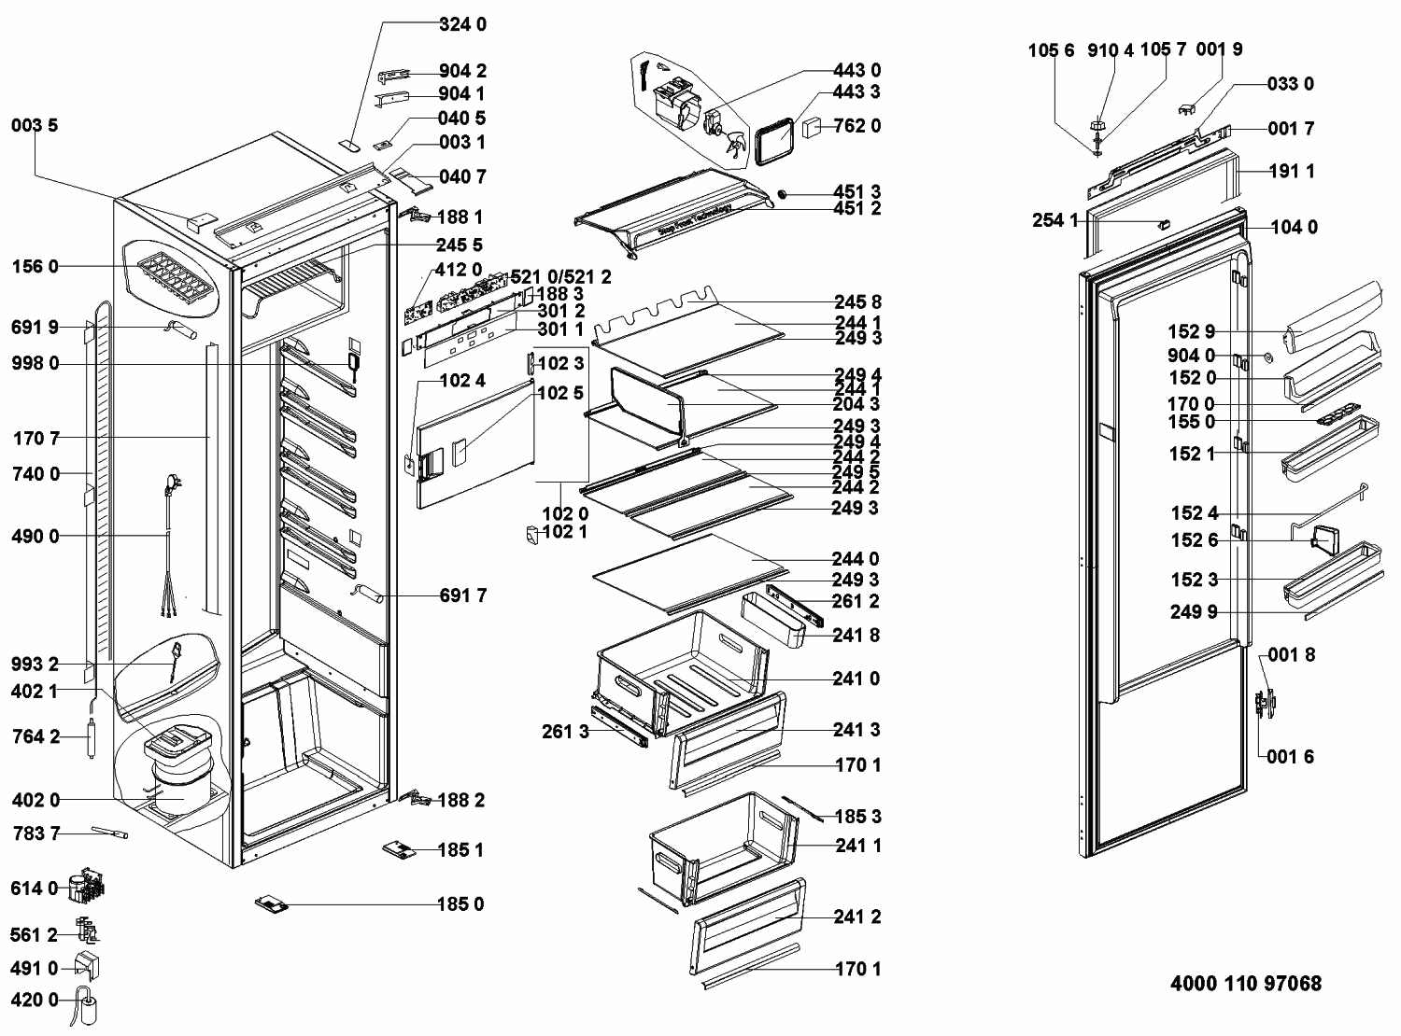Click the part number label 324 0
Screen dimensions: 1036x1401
(x=462, y=25)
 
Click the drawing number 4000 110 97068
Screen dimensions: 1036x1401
(x=1246, y=984)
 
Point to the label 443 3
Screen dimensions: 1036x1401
(x=856, y=92)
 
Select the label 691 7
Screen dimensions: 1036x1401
(x=462, y=595)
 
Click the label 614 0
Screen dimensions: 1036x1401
(x=35, y=889)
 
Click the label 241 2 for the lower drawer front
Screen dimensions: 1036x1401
(x=856, y=917)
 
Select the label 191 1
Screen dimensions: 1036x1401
(x=1292, y=172)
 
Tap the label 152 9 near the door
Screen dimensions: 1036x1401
(x=1192, y=331)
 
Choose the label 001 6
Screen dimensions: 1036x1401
(x=1291, y=756)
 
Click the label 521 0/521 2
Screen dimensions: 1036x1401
(x=560, y=277)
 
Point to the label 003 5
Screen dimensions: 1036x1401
(x=35, y=125)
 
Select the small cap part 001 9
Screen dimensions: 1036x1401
(x=1189, y=109)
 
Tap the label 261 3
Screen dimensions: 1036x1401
(x=565, y=731)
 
